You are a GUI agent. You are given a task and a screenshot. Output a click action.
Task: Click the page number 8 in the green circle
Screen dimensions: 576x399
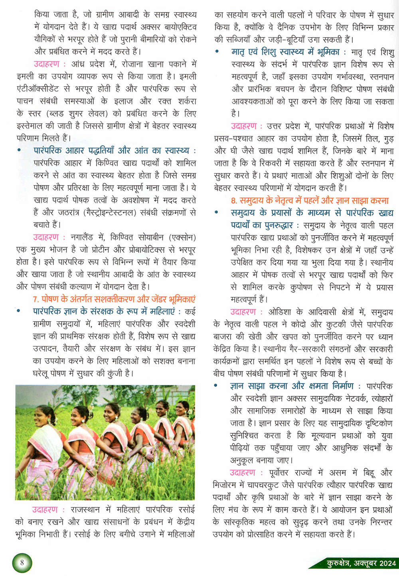pos(22,563)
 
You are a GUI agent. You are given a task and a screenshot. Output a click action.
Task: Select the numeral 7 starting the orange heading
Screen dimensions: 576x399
pos(36,299)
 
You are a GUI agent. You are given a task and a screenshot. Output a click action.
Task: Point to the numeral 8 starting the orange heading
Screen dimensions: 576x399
pos(233,200)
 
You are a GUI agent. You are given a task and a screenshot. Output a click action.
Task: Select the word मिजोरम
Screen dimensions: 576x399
pos(227,485)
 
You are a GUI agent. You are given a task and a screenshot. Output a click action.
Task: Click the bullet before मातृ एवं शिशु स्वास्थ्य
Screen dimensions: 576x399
pos(217,52)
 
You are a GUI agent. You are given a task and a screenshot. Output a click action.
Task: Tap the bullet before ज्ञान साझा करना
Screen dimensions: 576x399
pos(216,386)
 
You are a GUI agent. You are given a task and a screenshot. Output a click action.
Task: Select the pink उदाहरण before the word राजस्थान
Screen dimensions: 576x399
pos(45,509)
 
